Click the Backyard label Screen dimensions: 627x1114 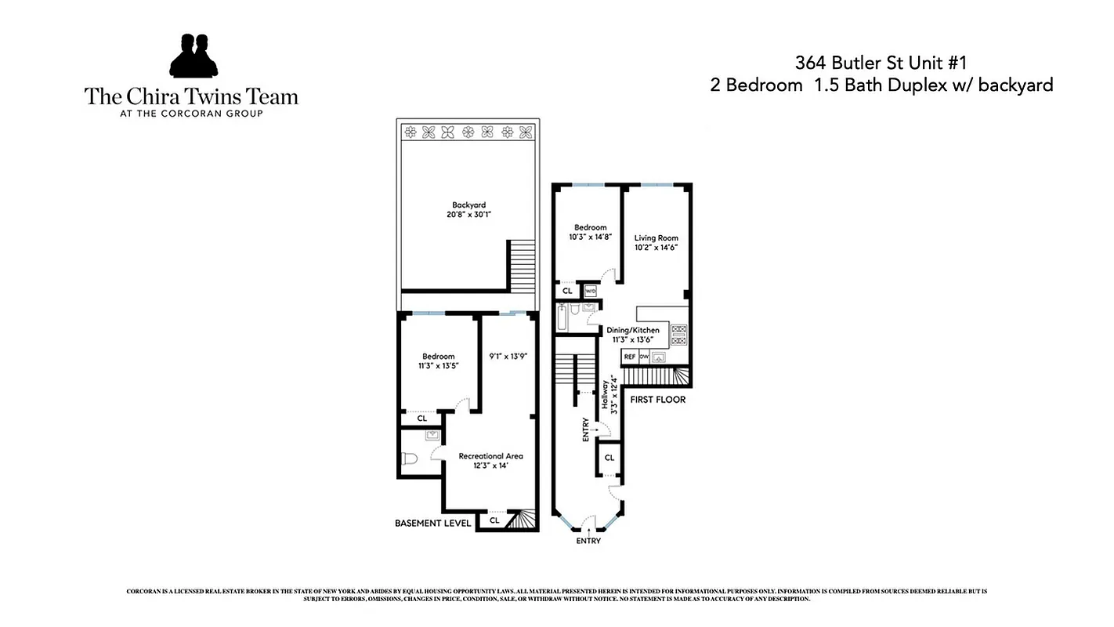[x=468, y=205]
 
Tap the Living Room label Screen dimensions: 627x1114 [x=656, y=238]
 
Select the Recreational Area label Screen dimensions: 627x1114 [x=490, y=456]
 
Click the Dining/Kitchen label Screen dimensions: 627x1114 [x=633, y=331]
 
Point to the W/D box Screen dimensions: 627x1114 [x=591, y=291]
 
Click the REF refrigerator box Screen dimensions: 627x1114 [x=629, y=357]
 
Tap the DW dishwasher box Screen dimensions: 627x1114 [x=644, y=357]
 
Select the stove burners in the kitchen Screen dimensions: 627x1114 [x=678, y=335]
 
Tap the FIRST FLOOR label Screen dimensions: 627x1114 [x=657, y=400]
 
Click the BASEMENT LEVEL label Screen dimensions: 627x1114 [x=433, y=523]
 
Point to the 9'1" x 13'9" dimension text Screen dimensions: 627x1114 [x=507, y=356]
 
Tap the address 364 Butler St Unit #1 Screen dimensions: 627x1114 [x=881, y=62]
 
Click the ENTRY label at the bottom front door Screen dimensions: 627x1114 [x=588, y=541]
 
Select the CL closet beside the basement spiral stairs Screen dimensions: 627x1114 [x=494, y=520]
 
